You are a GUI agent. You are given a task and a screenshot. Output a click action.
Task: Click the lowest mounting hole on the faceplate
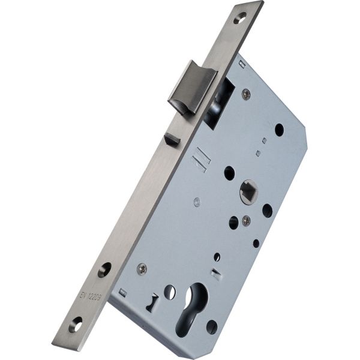tap(75, 326)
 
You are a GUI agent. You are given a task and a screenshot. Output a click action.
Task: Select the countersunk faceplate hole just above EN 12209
tap(104, 269)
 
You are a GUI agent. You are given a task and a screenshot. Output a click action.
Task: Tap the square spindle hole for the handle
tap(247, 193)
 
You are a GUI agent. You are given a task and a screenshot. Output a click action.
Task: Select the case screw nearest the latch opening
tap(246, 94)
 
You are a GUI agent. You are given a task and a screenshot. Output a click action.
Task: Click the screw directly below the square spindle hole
tap(246, 221)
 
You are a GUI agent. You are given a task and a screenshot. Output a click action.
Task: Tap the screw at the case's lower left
tap(142, 269)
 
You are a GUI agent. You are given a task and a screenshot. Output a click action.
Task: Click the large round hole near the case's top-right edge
tap(279, 129)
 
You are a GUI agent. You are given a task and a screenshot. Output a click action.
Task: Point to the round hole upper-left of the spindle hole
tap(229, 173)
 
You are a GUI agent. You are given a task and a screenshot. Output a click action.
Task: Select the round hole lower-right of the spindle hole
tap(267, 211)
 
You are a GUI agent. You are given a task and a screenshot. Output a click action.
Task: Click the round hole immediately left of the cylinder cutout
tap(170, 292)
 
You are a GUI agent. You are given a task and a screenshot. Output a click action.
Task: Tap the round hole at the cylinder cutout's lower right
tap(212, 328)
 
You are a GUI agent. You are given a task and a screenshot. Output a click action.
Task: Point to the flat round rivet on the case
tap(197, 202)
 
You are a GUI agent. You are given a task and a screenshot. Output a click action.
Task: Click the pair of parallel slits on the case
tap(200, 161)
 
